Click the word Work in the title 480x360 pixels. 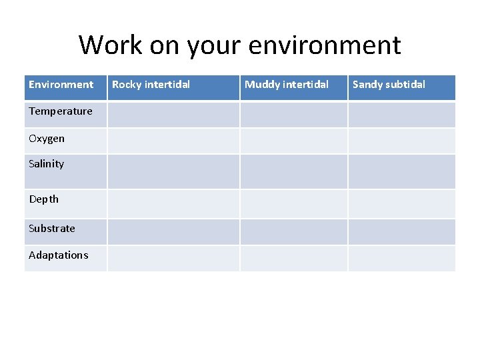coord(110,45)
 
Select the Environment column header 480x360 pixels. coord(61,85)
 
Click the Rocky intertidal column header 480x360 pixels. coord(151,85)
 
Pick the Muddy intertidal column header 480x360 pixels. coord(287,85)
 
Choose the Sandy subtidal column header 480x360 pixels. coord(389,85)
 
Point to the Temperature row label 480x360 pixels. coord(61,111)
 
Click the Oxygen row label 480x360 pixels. coord(47,139)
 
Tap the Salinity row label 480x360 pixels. coord(47,164)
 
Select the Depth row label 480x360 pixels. coord(44,199)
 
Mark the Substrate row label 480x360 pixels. coord(52,229)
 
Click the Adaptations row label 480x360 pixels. coord(59,255)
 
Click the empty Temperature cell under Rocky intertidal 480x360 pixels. coord(173,115)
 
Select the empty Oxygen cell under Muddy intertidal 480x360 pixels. coord(293,141)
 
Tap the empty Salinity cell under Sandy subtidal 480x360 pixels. coord(401,171)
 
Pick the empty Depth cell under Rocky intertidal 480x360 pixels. coord(173,203)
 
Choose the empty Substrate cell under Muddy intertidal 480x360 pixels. coord(293,231)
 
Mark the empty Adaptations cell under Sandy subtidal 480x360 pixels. coord(401,258)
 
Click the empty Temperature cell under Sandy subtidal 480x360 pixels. coord(401,115)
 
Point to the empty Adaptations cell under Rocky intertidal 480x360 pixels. coord(173,258)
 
